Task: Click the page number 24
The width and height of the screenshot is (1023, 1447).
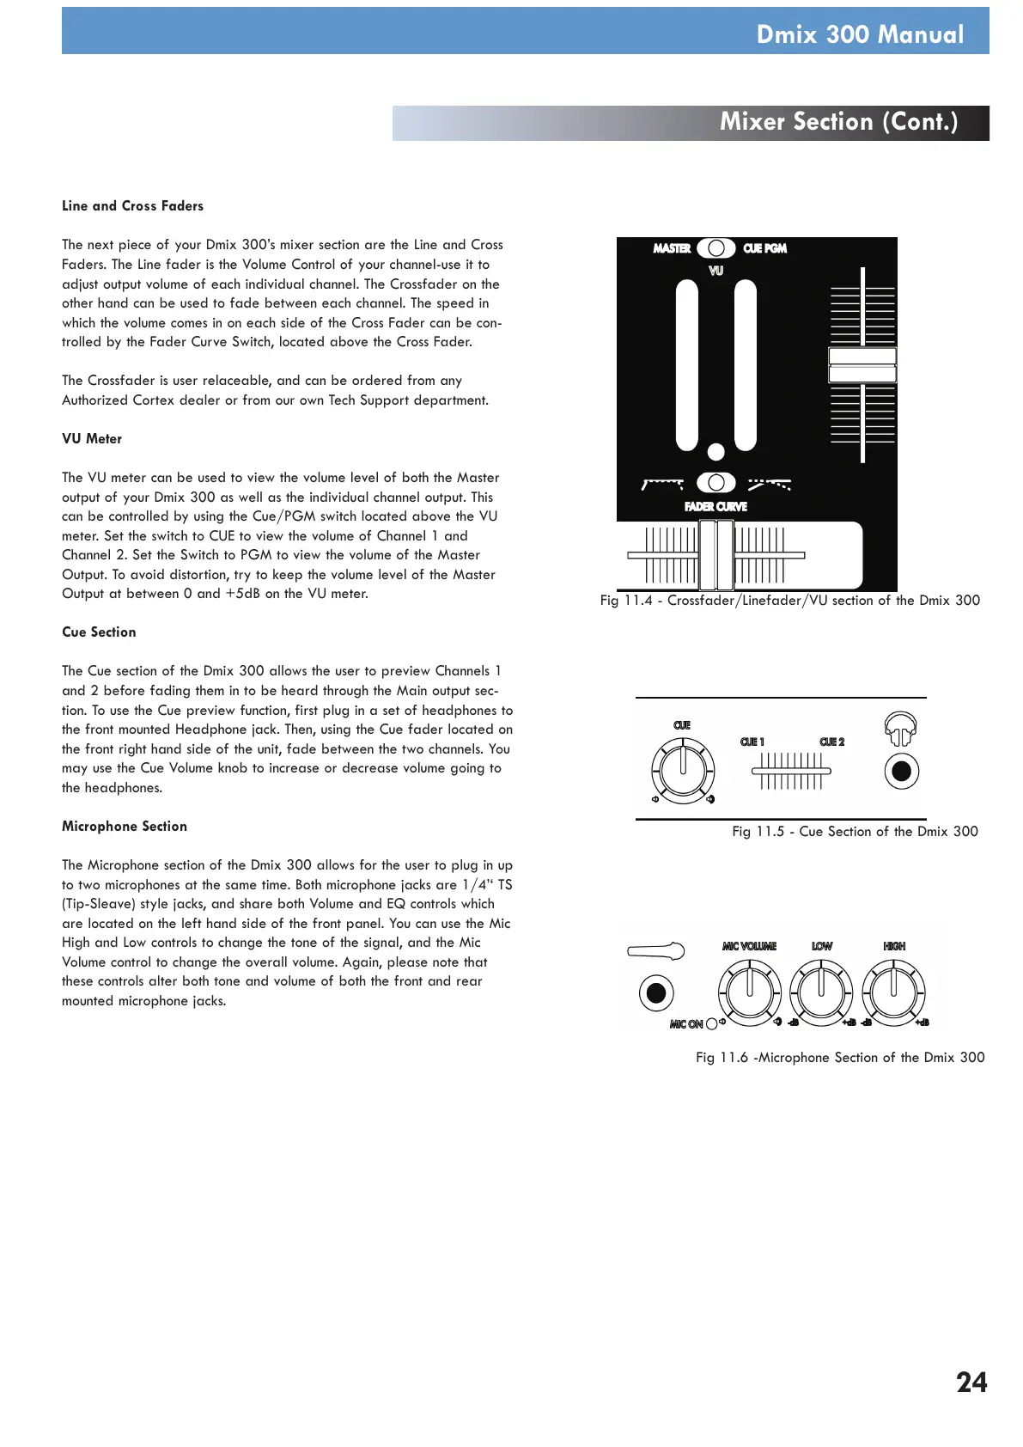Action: [971, 1382]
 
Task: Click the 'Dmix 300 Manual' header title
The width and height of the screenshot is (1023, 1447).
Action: [860, 34]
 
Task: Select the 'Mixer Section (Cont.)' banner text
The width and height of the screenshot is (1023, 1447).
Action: [838, 122]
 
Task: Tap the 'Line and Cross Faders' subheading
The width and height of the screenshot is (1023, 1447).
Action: [132, 206]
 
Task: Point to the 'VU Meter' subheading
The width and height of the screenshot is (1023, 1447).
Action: [92, 439]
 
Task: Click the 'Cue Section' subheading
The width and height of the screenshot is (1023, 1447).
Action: [99, 632]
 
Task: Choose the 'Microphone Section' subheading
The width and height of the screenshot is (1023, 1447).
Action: [125, 827]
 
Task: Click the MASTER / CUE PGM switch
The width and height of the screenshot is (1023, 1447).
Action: [715, 248]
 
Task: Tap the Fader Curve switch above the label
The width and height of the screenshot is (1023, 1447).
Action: [715, 483]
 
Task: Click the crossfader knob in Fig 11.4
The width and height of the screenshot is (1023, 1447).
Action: [715, 555]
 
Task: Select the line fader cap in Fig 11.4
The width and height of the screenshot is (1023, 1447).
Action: [862, 365]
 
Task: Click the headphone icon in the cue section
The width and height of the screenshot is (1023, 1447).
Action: [901, 730]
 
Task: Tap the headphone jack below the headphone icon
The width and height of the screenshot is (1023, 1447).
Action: [901, 772]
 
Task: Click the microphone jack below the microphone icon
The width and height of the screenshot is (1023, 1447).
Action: [656, 993]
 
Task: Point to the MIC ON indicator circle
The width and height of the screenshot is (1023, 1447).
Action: [711, 1024]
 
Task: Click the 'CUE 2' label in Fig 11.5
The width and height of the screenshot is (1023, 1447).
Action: [831, 742]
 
